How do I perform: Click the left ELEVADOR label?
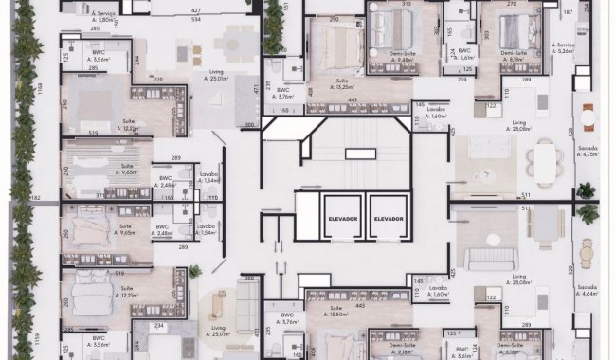tap(343, 219)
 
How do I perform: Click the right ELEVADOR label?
tap(390, 219)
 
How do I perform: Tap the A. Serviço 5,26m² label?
tap(567, 49)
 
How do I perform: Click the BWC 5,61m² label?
tap(464, 54)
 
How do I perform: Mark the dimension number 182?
tap(36, 198)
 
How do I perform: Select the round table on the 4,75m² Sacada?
tap(588, 120)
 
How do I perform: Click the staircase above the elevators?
tap(361, 153)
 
